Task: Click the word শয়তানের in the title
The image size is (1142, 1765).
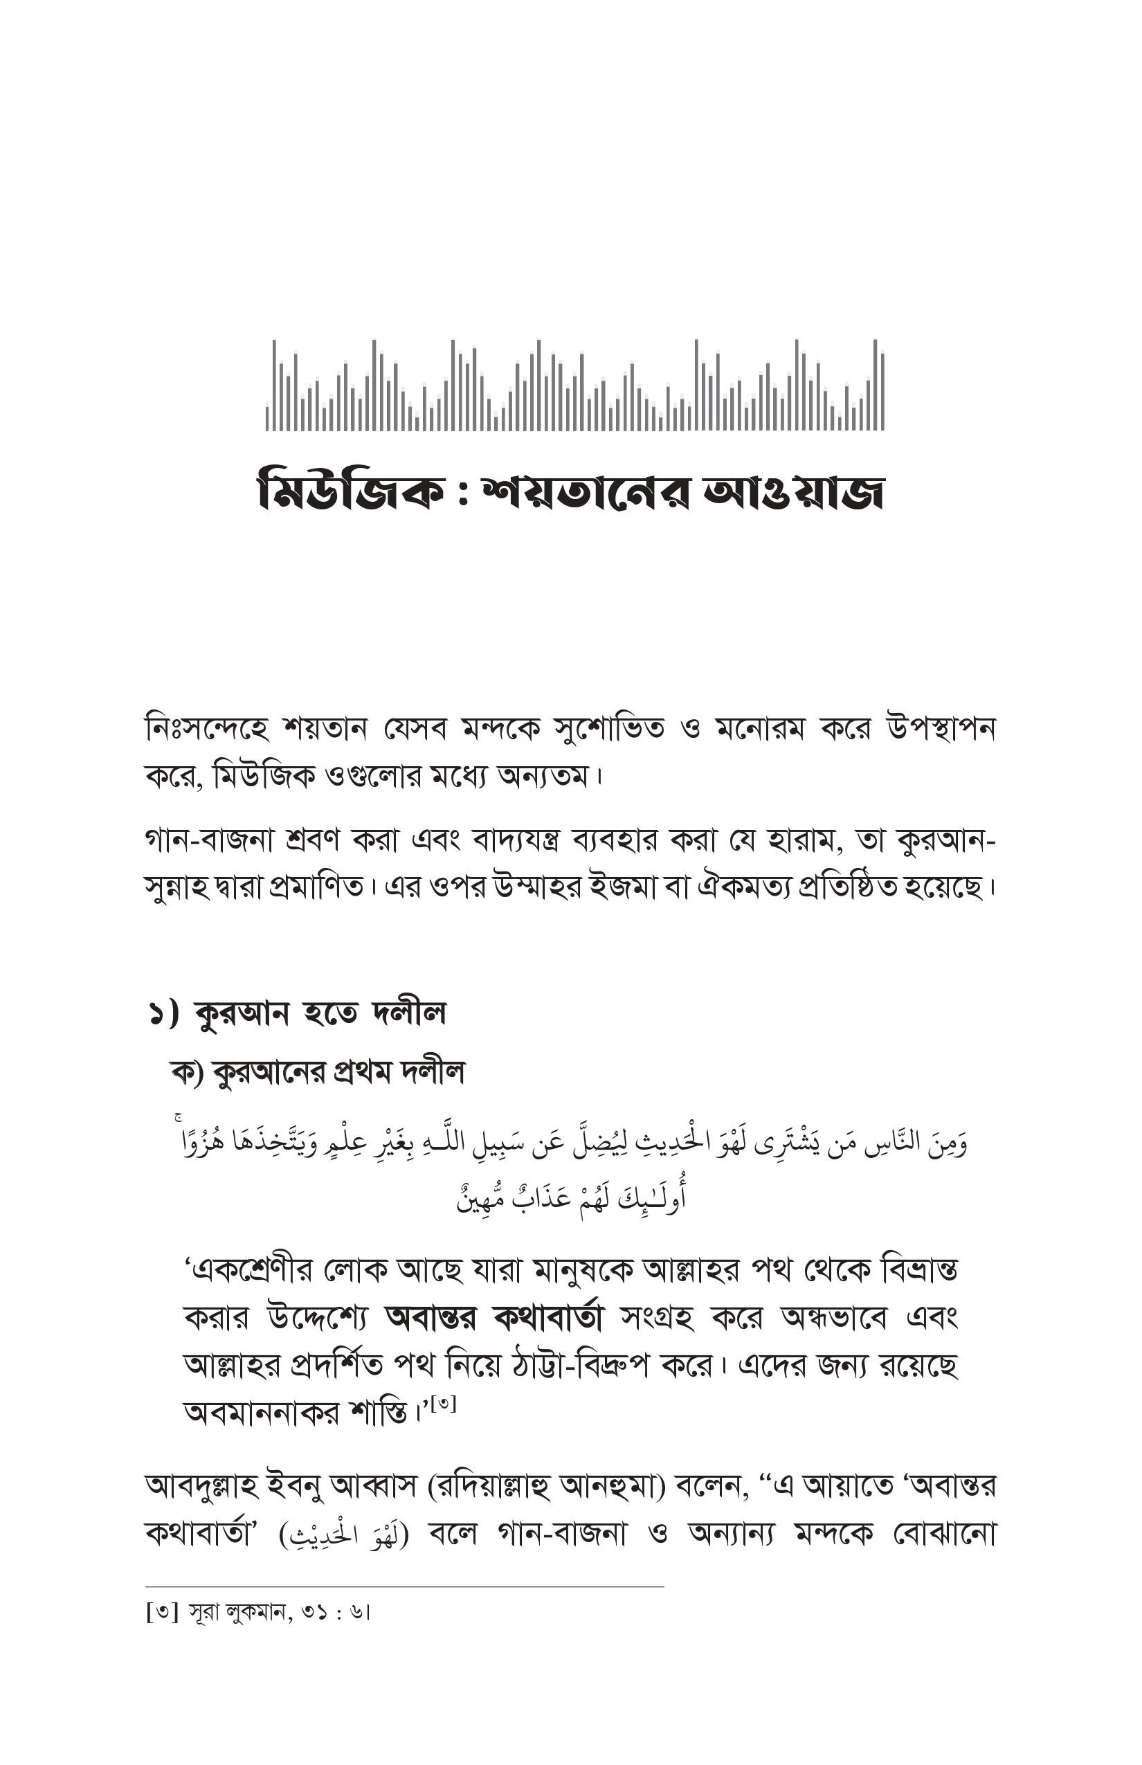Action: coord(586,491)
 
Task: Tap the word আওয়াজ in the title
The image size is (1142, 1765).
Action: coord(792,491)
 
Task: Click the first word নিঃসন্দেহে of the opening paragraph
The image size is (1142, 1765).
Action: coord(206,729)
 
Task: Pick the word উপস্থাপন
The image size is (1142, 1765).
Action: coord(941,729)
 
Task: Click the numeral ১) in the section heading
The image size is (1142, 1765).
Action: coord(164,1014)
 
